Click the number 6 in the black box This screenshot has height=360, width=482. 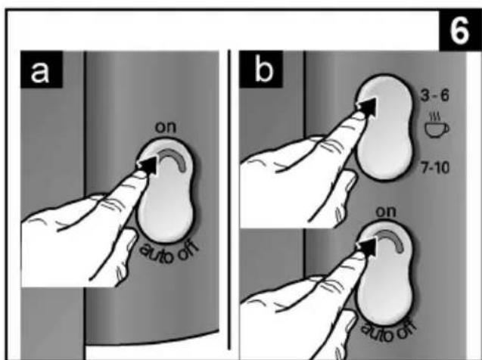[x=460, y=30]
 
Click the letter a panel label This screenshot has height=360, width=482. [x=40, y=72]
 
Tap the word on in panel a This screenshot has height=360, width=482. [x=166, y=127]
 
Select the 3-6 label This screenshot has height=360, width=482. [x=434, y=96]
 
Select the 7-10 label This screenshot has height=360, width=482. [x=434, y=168]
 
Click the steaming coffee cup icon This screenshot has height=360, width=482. [x=437, y=126]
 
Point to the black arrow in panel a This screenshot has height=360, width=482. [x=148, y=164]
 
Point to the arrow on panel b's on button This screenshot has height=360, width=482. [x=366, y=247]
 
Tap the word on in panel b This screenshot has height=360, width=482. [x=386, y=212]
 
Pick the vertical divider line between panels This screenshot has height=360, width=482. [x=229, y=200]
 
